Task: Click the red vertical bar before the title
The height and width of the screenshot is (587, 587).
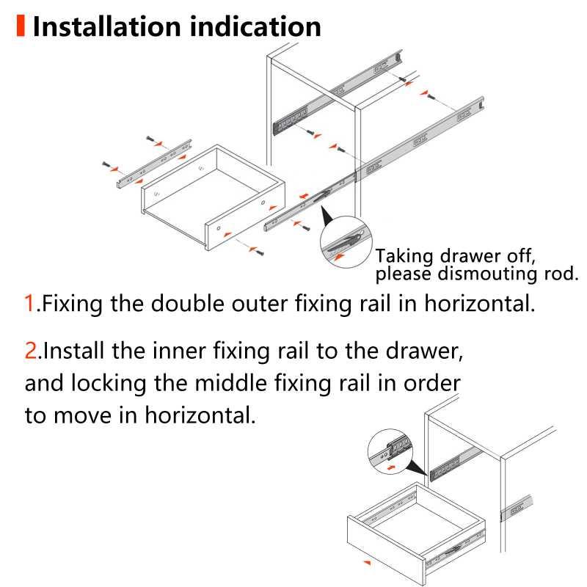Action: [20, 26]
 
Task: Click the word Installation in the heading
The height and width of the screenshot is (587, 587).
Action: [107, 26]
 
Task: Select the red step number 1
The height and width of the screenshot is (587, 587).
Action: [30, 303]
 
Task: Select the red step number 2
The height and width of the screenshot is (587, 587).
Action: [32, 350]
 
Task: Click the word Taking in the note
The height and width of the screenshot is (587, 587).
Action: [403, 256]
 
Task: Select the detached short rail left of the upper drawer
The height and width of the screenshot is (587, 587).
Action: [153, 161]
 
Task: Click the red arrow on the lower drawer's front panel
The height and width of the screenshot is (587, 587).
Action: [368, 561]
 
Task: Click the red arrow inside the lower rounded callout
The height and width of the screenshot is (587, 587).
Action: [393, 466]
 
